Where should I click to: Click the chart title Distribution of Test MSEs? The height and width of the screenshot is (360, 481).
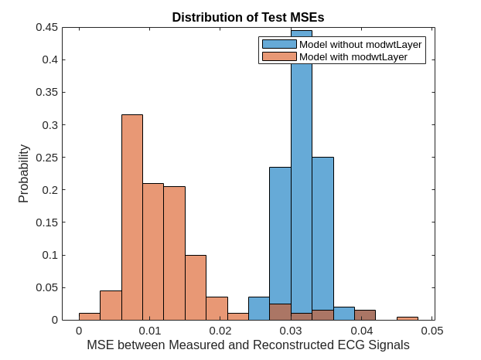click(x=248, y=17)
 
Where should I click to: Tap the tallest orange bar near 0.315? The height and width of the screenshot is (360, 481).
click(x=132, y=216)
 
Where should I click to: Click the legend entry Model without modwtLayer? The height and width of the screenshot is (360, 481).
click(x=360, y=45)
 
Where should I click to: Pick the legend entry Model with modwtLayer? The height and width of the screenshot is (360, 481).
click(x=353, y=56)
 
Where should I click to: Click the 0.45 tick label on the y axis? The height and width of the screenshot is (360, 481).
click(x=46, y=27)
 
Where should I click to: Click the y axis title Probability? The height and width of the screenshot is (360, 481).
click(x=23, y=174)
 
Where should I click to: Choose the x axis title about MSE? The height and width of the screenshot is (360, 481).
click(x=248, y=345)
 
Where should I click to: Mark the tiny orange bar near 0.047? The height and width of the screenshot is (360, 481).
click(x=408, y=318)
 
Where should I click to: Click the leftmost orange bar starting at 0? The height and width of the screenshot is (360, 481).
click(x=90, y=316)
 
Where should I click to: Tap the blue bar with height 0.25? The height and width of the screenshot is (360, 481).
click(x=323, y=232)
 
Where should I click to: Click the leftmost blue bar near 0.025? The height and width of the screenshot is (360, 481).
click(x=259, y=308)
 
